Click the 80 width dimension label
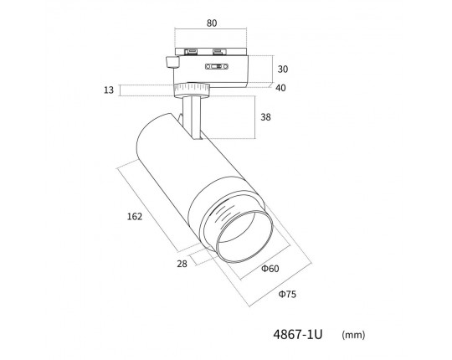point(212,23)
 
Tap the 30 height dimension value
point(283,69)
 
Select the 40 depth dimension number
point(280,88)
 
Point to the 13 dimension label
point(109,90)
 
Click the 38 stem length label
point(265,117)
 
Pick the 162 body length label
point(135,217)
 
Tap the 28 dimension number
point(182,264)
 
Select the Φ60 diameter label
point(270,269)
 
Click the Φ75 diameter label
point(287,295)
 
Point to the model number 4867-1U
point(298,335)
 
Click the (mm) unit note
point(353,335)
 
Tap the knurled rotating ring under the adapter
point(192,90)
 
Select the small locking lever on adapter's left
point(172,62)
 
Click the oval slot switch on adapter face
point(217,67)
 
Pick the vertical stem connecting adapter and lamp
point(192,118)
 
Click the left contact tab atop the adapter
point(191,52)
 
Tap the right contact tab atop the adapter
point(219,52)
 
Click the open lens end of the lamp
point(244,236)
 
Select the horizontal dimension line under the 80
point(211,28)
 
